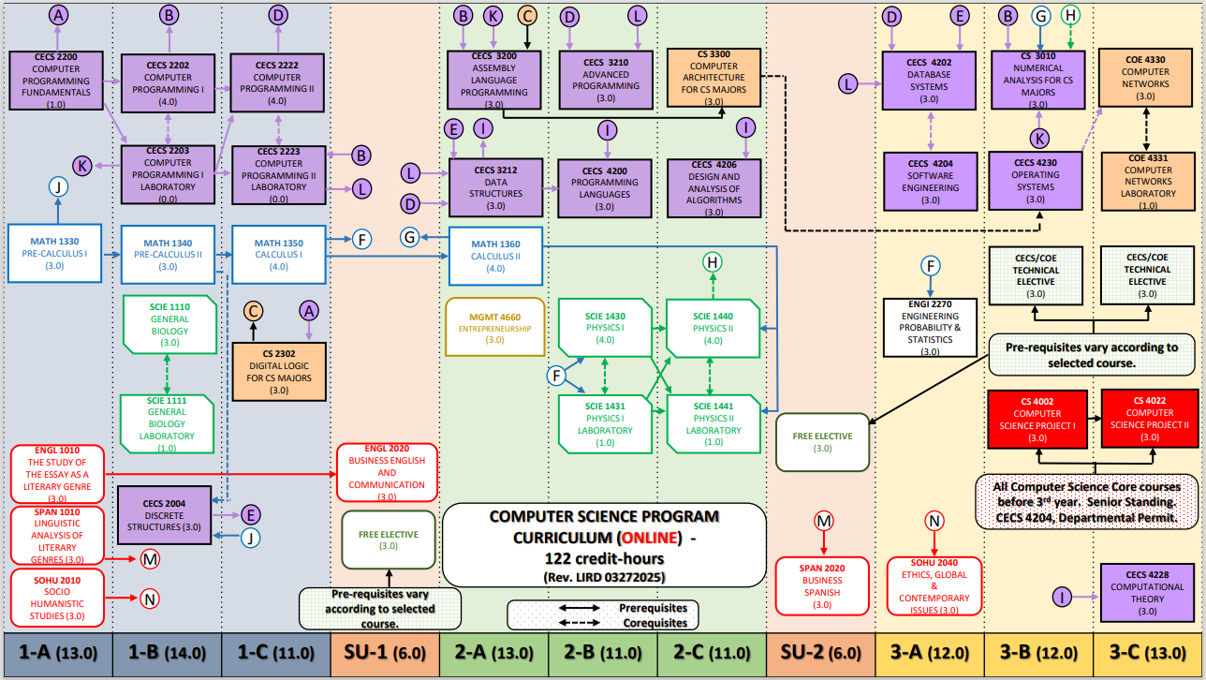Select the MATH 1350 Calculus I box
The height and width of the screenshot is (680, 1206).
[279, 255]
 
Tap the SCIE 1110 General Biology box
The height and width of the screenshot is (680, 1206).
[169, 324]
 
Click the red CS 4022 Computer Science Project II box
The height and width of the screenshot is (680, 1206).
[1150, 419]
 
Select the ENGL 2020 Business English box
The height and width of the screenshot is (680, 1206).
[387, 473]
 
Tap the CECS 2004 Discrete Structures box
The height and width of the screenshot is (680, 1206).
[164, 515]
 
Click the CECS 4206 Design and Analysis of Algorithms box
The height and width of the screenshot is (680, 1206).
[713, 188]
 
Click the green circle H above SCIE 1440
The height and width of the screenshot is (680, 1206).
[713, 263]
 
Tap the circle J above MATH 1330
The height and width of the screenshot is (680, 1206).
[58, 187]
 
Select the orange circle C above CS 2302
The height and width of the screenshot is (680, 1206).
[253, 310]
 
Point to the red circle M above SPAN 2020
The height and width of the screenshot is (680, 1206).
[823, 520]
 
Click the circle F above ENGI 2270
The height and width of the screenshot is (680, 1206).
[930, 265]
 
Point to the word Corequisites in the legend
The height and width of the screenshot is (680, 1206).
[653, 622]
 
